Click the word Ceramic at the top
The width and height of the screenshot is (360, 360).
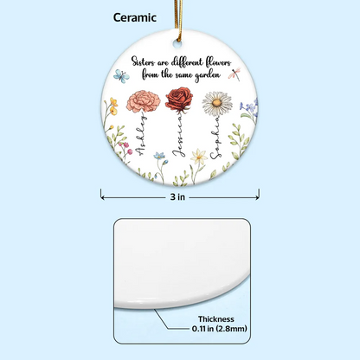coord(135,17)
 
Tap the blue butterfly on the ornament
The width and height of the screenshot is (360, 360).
coord(121,76)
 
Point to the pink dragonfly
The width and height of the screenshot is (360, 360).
coord(235,73)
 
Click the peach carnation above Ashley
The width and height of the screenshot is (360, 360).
coord(143,101)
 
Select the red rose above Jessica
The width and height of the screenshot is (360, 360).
coord(179,99)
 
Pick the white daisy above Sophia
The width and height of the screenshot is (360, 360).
coord(217,104)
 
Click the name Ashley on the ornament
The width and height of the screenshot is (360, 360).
coord(141,135)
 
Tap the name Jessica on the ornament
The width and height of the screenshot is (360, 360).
coord(179,135)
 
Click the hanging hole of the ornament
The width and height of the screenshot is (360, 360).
coord(177,44)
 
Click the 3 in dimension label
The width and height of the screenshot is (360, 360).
coord(177,197)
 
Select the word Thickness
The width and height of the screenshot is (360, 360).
coord(215,319)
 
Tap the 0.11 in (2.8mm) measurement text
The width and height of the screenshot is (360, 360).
coord(220,329)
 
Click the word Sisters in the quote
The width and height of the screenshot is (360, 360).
coord(142,61)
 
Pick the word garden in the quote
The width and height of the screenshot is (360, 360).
coord(208,75)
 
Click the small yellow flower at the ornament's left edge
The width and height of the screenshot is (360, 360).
coord(113,106)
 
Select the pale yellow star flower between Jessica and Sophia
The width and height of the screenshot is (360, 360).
coord(199,156)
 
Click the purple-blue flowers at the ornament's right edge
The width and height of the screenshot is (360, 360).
coord(250,106)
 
